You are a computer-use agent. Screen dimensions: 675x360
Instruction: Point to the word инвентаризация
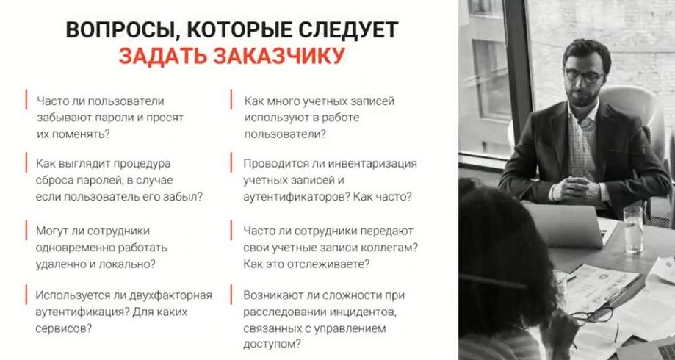[372, 164]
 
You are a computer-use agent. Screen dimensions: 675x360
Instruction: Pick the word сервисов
[63, 328]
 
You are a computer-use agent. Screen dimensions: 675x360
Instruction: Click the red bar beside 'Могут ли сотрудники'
[26, 231]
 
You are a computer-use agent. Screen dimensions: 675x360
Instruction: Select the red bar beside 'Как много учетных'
[231, 99]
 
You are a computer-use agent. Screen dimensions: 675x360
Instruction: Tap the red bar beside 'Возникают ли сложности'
[231, 295]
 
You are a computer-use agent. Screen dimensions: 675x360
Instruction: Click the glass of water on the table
[634, 228]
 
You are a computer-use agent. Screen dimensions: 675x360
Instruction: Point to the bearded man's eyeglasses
[584, 76]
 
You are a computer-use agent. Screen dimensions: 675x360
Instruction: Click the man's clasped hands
[571, 187]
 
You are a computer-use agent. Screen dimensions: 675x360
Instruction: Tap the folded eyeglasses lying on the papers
[592, 317]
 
